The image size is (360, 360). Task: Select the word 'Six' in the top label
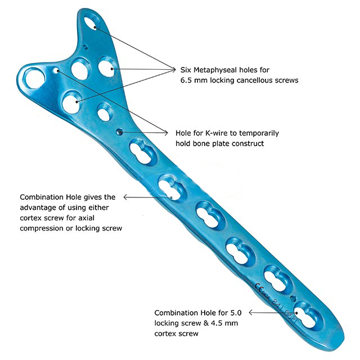point(186,70)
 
